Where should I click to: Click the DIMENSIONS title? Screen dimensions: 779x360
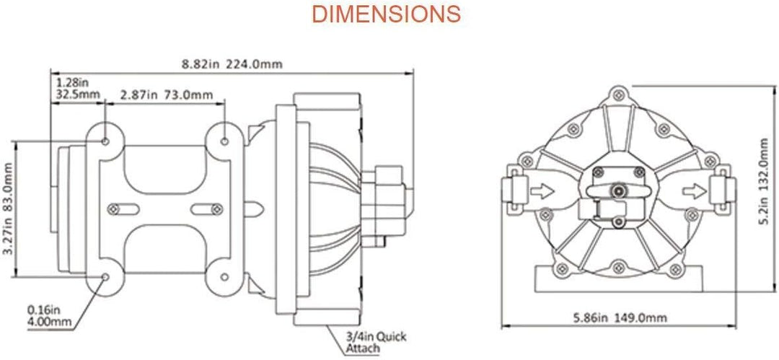point(386,14)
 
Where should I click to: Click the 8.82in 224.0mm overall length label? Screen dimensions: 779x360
point(232,64)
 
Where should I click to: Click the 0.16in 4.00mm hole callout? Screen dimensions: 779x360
point(49,316)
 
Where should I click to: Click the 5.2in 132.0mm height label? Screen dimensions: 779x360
point(767,182)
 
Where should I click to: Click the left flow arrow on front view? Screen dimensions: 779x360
point(542,190)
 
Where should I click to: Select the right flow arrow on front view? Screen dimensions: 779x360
point(694,190)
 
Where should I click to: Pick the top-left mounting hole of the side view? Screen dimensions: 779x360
point(105,141)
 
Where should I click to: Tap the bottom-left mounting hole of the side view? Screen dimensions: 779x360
point(105,277)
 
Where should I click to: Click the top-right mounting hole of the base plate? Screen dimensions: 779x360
point(224,141)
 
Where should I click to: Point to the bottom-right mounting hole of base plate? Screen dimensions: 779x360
point(224,277)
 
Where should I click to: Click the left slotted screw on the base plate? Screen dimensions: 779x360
point(114,209)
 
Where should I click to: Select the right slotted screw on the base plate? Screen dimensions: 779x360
point(216,209)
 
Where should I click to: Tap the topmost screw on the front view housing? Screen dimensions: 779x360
point(617,94)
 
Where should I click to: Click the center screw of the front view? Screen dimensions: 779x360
point(617,190)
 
